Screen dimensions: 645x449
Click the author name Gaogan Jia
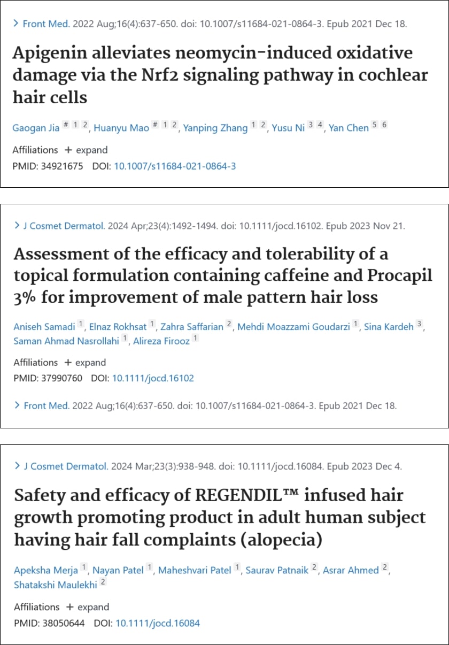(36, 128)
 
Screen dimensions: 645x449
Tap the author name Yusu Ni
(288, 128)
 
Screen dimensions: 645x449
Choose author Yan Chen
(349, 128)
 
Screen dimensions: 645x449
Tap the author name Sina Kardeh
(389, 326)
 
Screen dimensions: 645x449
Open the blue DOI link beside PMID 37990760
(153, 378)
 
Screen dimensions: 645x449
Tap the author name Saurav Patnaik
(277, 571)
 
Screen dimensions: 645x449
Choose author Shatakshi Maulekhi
(56, 585)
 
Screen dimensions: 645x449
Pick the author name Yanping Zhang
(215, 128)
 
